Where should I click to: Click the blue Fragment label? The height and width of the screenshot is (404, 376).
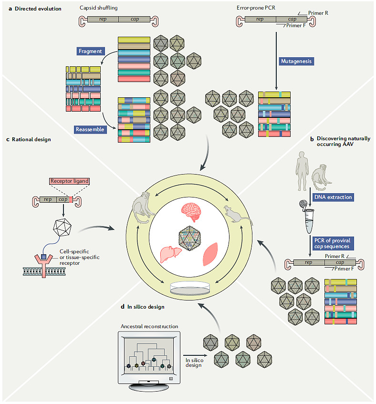click(90, 51)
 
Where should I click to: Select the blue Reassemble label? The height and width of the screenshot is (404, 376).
click(90, 129)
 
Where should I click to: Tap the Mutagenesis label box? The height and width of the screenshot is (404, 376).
click(296, 61)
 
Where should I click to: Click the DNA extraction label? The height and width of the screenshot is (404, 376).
click(333, 197)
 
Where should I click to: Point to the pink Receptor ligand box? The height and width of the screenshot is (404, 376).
click(69, 181)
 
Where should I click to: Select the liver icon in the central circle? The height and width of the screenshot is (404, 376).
click(171, 254)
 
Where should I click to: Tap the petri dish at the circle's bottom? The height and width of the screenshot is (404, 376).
click(190, 288)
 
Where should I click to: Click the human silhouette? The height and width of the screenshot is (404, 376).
click(302, 171)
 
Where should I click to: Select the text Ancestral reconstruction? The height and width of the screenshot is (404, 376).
click(149, 326)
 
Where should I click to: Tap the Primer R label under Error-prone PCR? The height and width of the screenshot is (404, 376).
click(318, 13)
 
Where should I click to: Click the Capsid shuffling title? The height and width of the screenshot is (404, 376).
click(98, 8)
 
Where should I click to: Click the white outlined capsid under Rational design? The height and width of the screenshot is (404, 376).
click(62, 228)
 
